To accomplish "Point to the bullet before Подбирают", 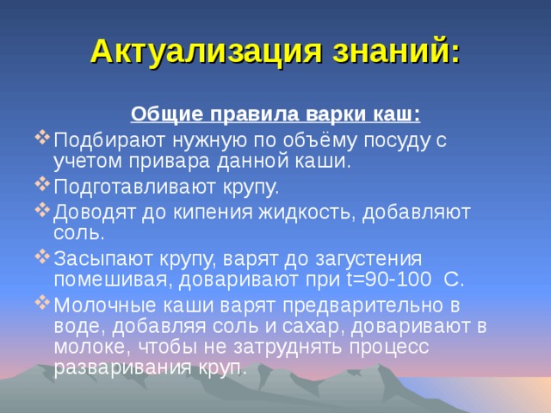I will click(45, 139).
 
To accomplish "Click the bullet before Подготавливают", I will click(45, 185).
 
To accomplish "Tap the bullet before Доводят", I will click(45, 209).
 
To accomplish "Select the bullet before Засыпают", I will click(45, 256).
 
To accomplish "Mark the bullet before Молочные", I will click(45, 302).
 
